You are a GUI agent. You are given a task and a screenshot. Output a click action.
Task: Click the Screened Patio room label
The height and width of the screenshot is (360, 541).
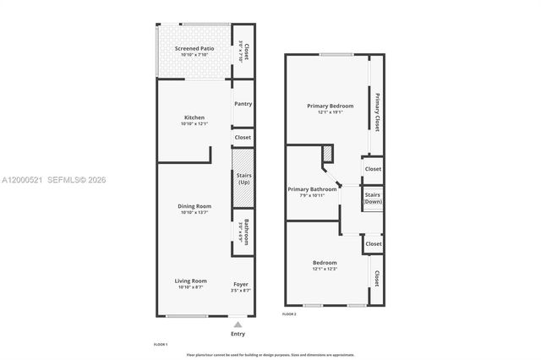click(x=194, y=49)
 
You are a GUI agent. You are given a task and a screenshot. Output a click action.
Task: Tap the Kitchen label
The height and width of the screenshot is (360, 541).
click(x=194, y=117)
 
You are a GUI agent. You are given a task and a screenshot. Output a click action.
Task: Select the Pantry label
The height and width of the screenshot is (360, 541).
click(x=243, y=104)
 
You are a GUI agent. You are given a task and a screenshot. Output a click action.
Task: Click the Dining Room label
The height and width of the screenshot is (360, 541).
click(x=194, y=206)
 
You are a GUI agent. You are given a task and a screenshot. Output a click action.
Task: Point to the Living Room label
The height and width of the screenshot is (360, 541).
click(x=192, y=281)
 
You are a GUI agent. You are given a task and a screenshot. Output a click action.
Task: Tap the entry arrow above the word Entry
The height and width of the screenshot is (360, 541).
click(x=238, y=325)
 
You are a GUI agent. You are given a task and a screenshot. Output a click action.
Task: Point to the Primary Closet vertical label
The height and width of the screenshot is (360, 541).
click(x=377, y=106)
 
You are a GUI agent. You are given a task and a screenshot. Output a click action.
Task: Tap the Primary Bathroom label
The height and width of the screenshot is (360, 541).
click(x=312, y=189)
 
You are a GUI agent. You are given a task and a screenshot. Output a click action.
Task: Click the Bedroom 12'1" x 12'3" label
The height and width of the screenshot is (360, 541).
click(x=325, y=263)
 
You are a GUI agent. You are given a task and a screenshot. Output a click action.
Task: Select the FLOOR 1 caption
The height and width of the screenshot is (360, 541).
click(x=161, y=345)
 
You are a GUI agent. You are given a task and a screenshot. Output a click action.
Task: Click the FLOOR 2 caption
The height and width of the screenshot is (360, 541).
click(x=289, y=314)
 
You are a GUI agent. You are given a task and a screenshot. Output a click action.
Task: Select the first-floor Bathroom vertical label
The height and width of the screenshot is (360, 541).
click(x=244, y=232)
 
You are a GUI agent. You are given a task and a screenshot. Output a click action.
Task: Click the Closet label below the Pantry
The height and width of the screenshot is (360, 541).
click(x=243, y=137)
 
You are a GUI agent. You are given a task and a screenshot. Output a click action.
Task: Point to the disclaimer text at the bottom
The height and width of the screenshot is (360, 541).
click(x=270, y=355)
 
